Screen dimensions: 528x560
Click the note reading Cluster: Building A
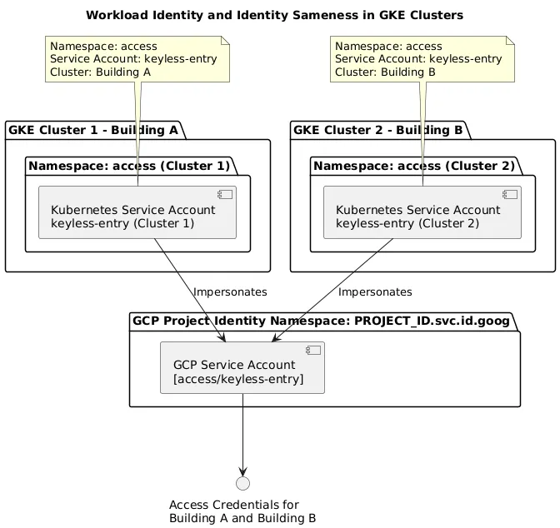(x=133, y=59)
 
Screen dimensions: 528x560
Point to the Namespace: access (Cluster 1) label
(x=129, y=166)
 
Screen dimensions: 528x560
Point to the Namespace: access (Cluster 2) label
(x=414, y=166)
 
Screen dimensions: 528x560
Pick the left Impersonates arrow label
(x=230, y=292)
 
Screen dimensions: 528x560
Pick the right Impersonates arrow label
(x=375, y=292)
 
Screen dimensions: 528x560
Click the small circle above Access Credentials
(x=242, y=484)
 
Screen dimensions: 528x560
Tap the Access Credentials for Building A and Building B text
(x=242, y=511)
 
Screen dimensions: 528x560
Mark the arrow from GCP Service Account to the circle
(x=242, y=433)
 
